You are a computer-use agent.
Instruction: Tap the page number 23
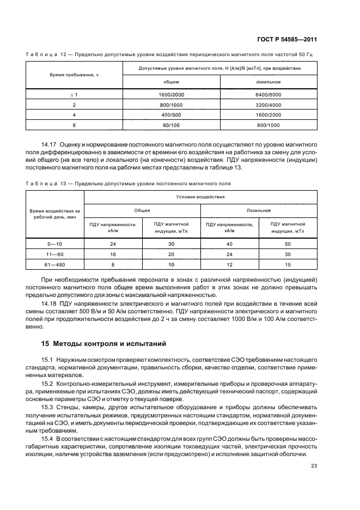[314, 465]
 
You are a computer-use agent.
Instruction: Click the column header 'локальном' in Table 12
[268, 82]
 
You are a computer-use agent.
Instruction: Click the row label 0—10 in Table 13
[55, 244]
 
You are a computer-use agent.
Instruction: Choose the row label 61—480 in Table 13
[55, 264]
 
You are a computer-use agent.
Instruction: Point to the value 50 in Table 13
[288, 244]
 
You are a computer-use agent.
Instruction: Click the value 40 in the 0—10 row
[230, 244]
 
